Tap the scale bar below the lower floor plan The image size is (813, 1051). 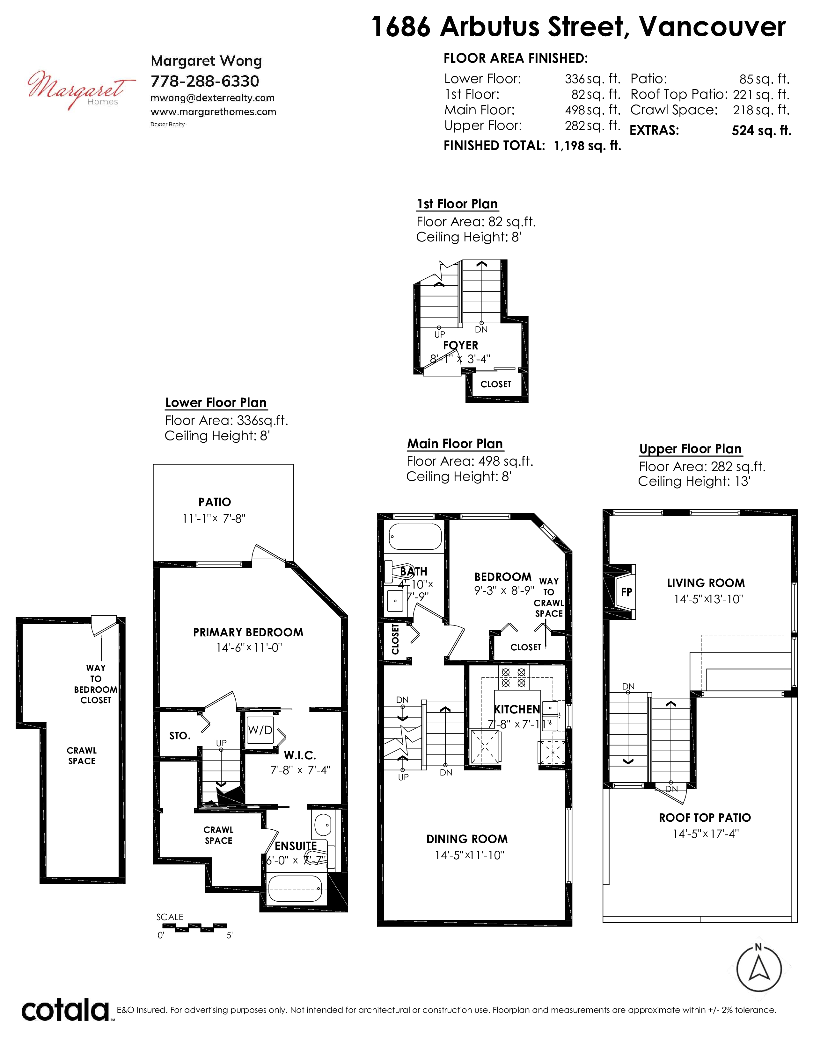pyautogui.click(x=192, y=926)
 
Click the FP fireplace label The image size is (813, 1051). pyautogui.click(x=626, y=592)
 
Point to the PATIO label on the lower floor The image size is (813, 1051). pyautogui.click(x=215, y=502)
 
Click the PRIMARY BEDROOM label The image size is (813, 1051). pyautogui.click(x=248, y=632)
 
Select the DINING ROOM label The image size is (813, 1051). pyautogui.click(x=467, y=839)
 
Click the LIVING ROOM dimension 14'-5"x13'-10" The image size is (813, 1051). pyautogui.click(x=708, y=599)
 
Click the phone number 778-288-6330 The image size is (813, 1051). pyautogui.click(x=205, y=81)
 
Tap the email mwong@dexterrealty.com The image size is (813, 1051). pyautogui.click(x=212, y=98)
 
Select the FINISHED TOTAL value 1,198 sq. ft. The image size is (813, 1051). pyautogui.click(x=588, y=146)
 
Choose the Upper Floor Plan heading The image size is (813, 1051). pyautogui.click(x=690, y=449)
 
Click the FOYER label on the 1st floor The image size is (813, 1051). pyautogui.click(x=460, y=346)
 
